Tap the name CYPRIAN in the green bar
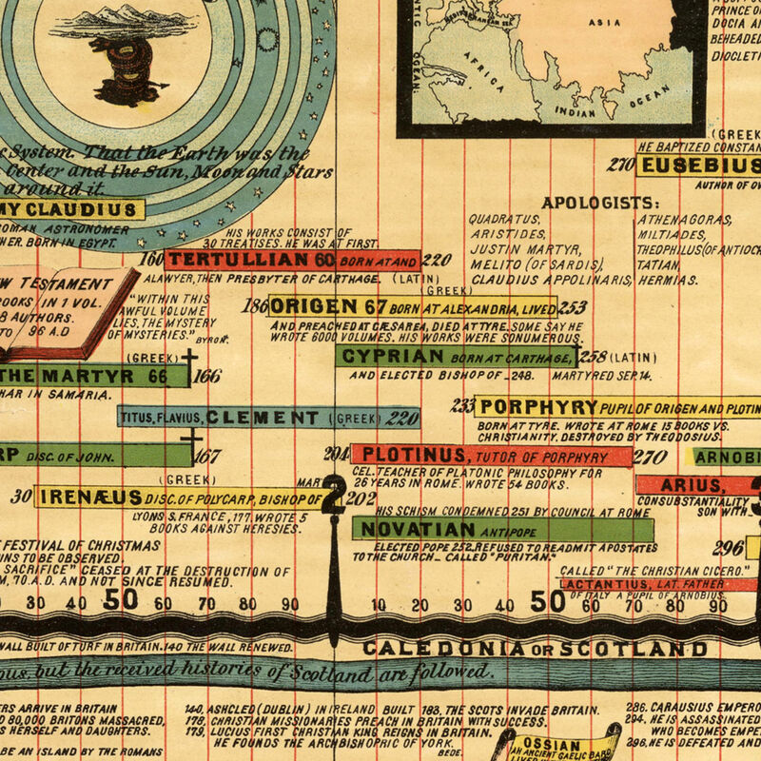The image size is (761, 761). [x=392, y=357]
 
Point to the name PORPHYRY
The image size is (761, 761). [x=539, y=407]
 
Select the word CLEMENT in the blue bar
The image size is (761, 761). [x=263, y=418]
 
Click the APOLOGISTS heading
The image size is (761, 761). [x=599, y=203]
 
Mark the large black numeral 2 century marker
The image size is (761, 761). [x=334, y=495]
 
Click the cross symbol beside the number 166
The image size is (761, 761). [x=190, y=363]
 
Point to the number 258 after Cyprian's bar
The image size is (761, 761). [x=593, y=358]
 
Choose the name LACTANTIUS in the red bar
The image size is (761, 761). [x=604, y=585]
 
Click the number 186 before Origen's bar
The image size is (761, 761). [x=255, y=306]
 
